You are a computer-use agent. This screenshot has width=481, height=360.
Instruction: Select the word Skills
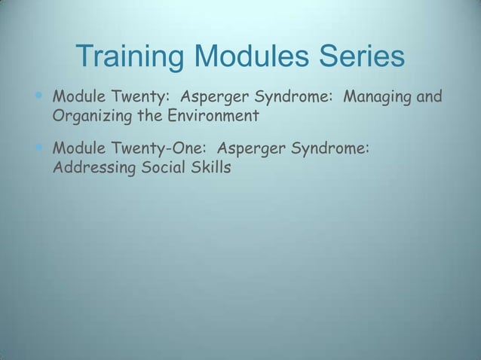210,166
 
